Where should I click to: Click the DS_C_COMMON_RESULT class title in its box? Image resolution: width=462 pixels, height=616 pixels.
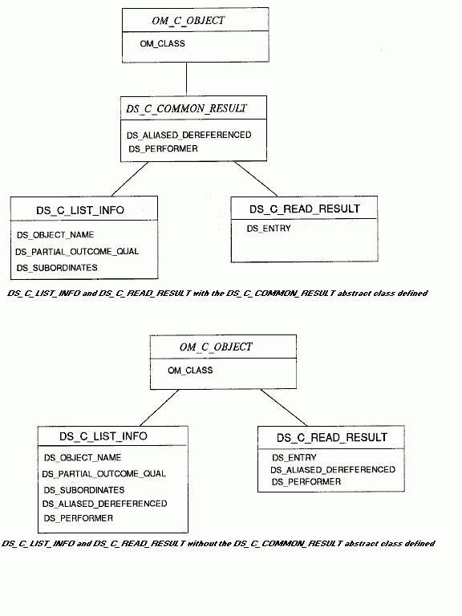pos(186,108)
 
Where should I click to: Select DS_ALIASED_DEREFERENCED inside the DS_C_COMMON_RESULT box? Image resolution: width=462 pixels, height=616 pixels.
pos(189,135)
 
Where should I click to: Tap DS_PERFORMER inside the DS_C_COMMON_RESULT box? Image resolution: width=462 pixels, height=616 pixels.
pos(163,149)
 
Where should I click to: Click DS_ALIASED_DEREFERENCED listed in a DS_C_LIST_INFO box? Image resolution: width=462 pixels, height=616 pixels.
pos(105,504)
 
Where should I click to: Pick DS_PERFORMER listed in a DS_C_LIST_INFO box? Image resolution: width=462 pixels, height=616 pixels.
pos(78,518)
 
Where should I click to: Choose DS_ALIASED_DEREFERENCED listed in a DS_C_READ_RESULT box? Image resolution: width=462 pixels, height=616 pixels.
pos(333,470)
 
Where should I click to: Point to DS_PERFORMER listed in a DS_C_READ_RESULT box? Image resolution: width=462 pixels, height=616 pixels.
pos(306,481)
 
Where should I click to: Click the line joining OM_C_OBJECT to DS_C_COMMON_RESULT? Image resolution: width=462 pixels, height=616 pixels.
pos(186,79)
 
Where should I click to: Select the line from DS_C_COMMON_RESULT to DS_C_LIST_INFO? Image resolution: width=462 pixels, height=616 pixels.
pos(130,179)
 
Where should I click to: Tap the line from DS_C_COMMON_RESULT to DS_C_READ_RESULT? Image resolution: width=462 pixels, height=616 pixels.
pos(256,179)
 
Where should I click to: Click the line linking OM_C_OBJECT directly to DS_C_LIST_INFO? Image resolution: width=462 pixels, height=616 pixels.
pos(160,407)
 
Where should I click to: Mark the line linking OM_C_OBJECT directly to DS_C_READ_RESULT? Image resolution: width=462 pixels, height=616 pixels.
pos(284,407)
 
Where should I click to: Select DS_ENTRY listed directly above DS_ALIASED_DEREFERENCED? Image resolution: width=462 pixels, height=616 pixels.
pos(294,458)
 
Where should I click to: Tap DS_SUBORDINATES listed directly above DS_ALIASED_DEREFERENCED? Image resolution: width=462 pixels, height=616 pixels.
pos(84,490)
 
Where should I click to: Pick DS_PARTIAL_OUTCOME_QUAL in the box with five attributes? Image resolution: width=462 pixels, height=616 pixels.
pos(104,474)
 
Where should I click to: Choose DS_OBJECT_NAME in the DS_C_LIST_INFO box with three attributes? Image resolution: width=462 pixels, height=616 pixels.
pos(55,235)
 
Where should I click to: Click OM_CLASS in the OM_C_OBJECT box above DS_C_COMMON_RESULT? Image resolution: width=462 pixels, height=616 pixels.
pos(162,43)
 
